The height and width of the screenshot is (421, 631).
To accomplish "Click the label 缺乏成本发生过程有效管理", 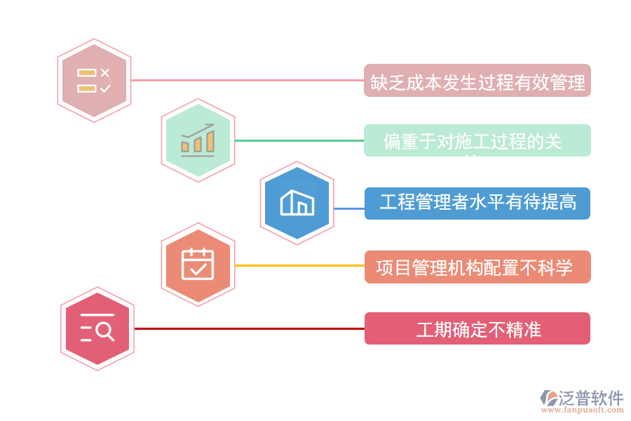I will [x=477, y=81].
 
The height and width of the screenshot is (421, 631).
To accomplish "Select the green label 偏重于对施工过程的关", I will [x=477, y=141].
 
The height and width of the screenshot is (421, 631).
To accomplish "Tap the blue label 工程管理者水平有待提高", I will [x=477, y=203].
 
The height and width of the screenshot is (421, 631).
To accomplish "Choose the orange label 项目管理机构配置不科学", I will [x=477, y=267].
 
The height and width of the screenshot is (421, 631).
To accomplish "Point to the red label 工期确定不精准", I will [x=477, y=328].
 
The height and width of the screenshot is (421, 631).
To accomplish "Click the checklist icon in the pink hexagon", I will [x=94, y=81].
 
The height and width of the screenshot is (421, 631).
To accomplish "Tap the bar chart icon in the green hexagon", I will [x=198, y=140].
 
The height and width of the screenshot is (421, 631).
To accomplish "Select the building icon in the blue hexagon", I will [x=297, y=202].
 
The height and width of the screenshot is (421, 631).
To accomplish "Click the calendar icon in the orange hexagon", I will [x=198, y=265].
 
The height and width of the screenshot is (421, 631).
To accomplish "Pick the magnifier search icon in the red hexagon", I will [x=97, y=328].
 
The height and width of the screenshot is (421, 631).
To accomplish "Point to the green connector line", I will [x=299, y=140].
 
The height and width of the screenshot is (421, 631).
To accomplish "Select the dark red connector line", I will [x=249, y=328].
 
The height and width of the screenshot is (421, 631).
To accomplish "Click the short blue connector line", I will [x=348, y=208].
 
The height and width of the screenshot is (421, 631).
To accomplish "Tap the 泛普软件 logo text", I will [x=590, y=399].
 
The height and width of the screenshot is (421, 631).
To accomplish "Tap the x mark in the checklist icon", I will [x=105, y=72].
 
